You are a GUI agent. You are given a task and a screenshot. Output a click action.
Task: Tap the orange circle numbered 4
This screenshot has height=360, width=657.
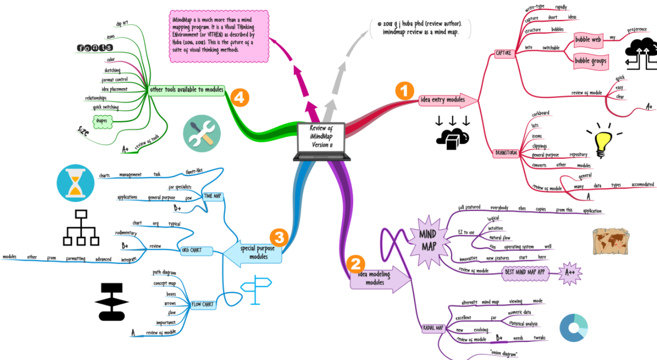239,98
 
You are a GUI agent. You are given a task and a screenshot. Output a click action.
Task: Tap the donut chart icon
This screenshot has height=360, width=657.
573,328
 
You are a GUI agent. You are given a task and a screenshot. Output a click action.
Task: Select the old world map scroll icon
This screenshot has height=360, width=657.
611,241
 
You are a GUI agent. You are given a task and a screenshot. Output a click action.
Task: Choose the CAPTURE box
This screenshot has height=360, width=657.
504,53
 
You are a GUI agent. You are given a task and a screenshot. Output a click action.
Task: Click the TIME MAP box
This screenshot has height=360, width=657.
212,196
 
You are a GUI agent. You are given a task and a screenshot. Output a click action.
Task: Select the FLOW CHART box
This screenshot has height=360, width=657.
203,304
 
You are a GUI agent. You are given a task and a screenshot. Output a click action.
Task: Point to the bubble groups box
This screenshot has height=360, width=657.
591,61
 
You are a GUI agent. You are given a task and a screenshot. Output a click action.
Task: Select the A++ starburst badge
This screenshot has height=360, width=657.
570,273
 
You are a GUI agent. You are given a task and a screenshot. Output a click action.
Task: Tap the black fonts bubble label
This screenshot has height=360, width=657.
95,48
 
